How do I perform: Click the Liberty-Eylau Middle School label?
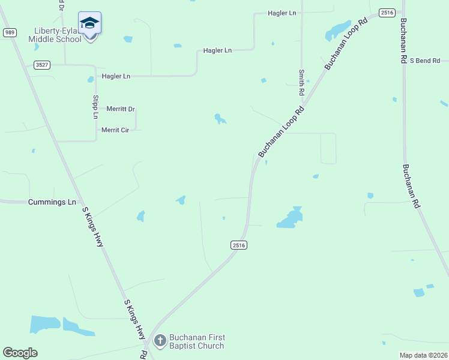(55, 35)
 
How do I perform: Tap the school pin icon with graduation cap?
(89, 23)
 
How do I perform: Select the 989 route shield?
(9, 32)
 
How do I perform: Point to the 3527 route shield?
(41, 65)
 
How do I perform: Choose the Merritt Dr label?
(121, 109)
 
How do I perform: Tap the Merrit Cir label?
(115, 130)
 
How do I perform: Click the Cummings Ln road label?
(52, 202)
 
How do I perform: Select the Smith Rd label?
(302, 83)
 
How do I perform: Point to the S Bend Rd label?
(425, 61)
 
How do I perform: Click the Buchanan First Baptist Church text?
(196, 341)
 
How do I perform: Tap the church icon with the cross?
(160, 341)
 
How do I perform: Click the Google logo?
(20, 353)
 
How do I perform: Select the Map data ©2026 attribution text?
(423, 355)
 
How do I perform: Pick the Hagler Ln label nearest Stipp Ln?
(116, 76)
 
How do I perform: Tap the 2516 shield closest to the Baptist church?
(238, 245)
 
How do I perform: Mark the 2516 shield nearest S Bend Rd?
(387, 13)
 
